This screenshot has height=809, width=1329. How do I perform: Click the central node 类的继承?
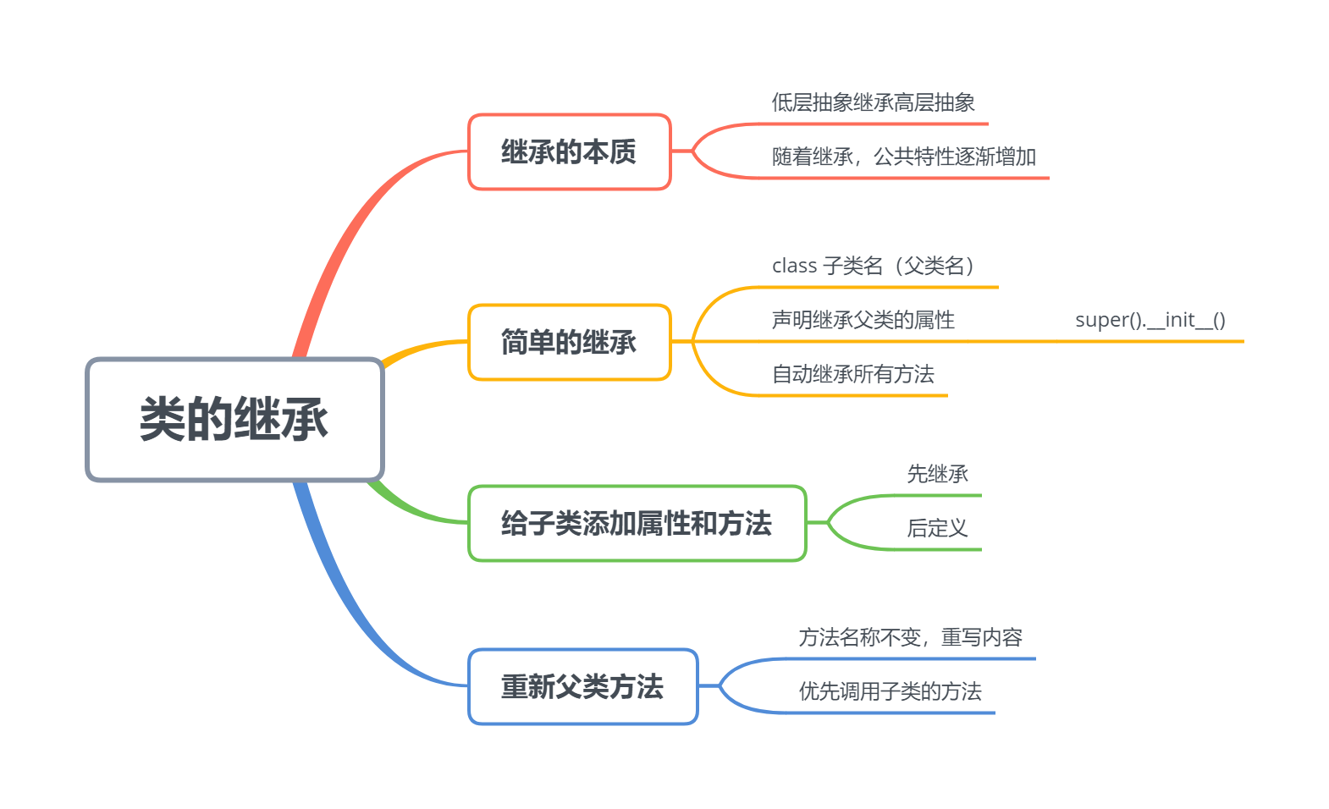pyautogui.click(x=234, y=420)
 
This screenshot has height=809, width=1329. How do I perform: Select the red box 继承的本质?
pyautogui.click(x=569, y=152)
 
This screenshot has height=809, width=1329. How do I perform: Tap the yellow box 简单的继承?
pyautogui.click(x=569, y=343)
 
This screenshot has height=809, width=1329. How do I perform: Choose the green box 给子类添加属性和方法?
pyautogui.click(x=637, y=524)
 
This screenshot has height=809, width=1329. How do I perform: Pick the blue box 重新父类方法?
pyautogui.click(x=582, y=687)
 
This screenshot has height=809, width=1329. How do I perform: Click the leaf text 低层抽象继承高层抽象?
pyautogui.click(x=873, y=103)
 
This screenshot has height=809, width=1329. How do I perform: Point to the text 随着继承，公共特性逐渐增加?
pyautogui.click(x=903, y=157)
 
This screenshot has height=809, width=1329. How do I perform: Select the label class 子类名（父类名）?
pyautogui.click(x=873, y=267)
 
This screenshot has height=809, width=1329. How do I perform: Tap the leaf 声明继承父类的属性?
pyautogui.click(x=863, y=321)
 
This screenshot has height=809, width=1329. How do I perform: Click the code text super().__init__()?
pyautogui.click(x=1150, y=321)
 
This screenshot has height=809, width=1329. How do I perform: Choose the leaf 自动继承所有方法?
pyautogui.click(x=852, y=375)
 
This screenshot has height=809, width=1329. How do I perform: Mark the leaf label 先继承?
pyautogui.click(x=937, y=475)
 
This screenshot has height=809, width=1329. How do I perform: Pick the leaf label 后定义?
pyautogui.click(x=937, y=529)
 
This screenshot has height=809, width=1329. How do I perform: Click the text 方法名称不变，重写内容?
pyautogui.click(x=910, y=638)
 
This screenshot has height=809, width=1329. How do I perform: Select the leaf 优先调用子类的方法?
pyautogui.click(x=890, y=692)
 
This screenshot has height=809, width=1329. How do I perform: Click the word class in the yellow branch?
pyautogui.click(x=794, y=267)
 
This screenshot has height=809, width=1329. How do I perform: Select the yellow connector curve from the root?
pyautogui.click(x=419, y=348)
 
